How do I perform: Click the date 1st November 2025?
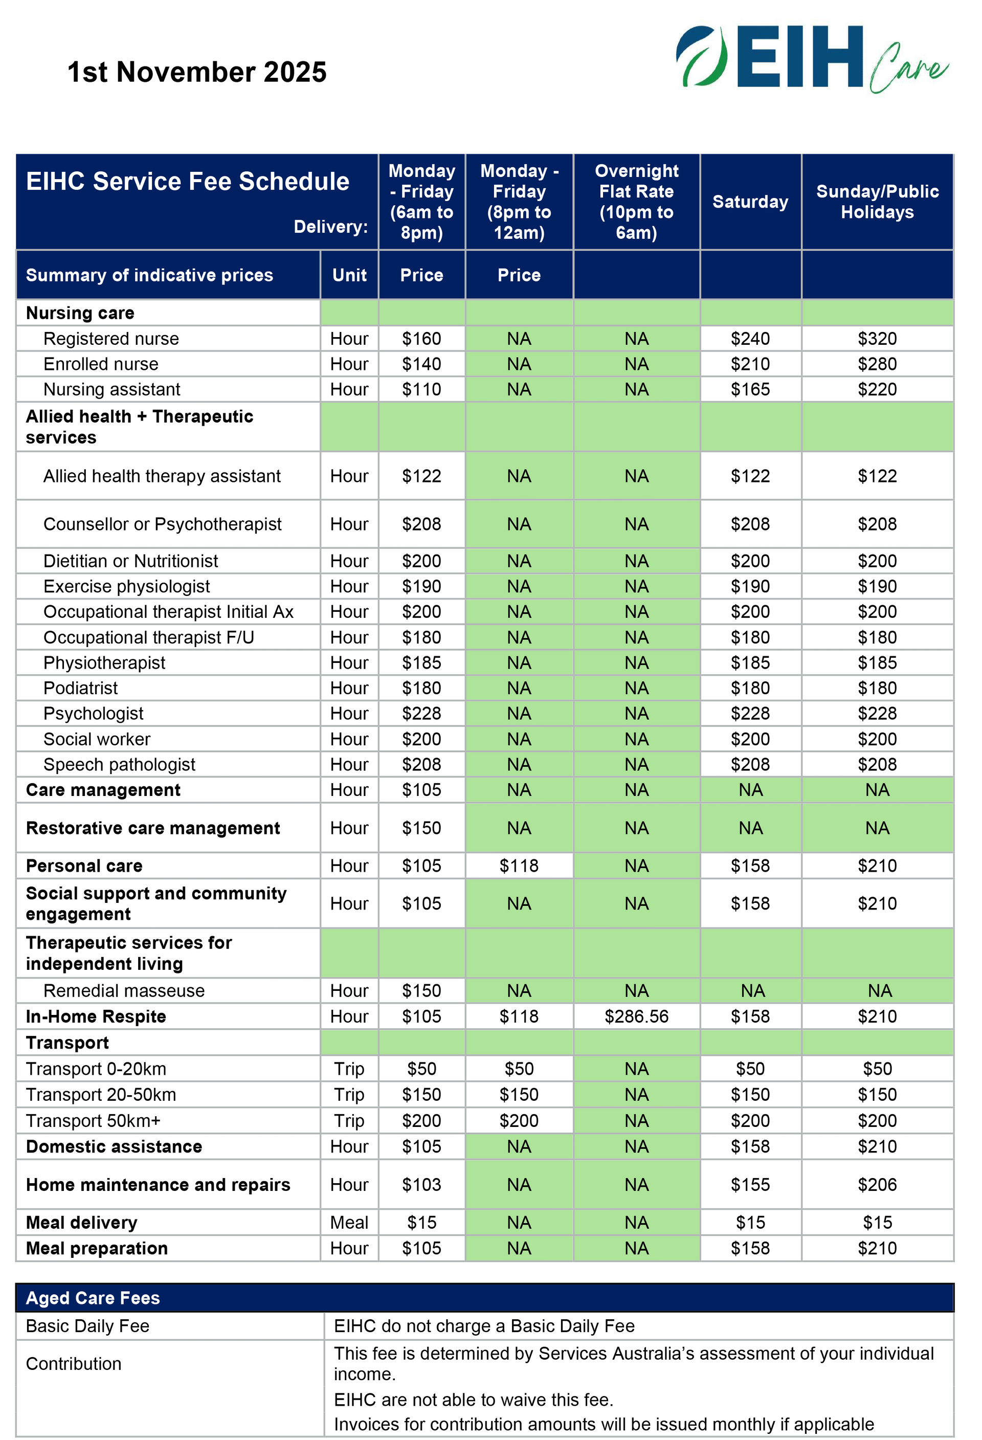click(x=196, y=72)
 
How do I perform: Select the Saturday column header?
click(x=750, y=202)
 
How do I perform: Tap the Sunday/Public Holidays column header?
click(x=877, y=202)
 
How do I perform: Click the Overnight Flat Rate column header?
click(x=636, y=202)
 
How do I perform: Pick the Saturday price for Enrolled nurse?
click(x=750, y=364)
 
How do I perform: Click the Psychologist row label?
click(x=93, y=713)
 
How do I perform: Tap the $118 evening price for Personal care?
click(x=519, y=866)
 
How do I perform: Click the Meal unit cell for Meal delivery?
click(x=349, y=1223)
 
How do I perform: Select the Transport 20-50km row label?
click(x=101, y=1094)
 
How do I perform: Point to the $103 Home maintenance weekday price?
click(x=421, y=1185)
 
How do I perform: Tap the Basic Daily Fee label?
click(x=87, y=1326)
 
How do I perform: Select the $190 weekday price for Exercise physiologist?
click(x=421, y=586)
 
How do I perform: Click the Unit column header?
click(x=349, y=275)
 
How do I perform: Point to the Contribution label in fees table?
click(x=73, y=1364)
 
